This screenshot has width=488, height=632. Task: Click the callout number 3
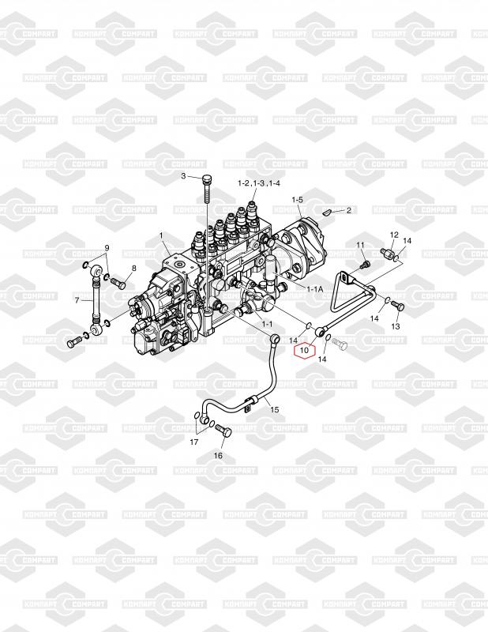tap(183, 176)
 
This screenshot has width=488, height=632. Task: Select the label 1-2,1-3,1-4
tap(259, 183)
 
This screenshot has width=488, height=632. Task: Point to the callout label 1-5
tap(297, 200)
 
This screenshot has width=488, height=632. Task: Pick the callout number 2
tap(349, 210)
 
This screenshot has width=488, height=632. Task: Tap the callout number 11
tap(358, 245)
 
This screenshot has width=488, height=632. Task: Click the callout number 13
tap(396, 326)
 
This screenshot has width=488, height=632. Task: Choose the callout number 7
tap(79, 300)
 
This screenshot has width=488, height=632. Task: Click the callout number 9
tap(107, 248)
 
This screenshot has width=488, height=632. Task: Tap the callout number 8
tap(133, 268)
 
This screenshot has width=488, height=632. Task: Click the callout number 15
tap(275, 409)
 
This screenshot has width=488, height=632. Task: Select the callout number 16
tap(218, 456)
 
